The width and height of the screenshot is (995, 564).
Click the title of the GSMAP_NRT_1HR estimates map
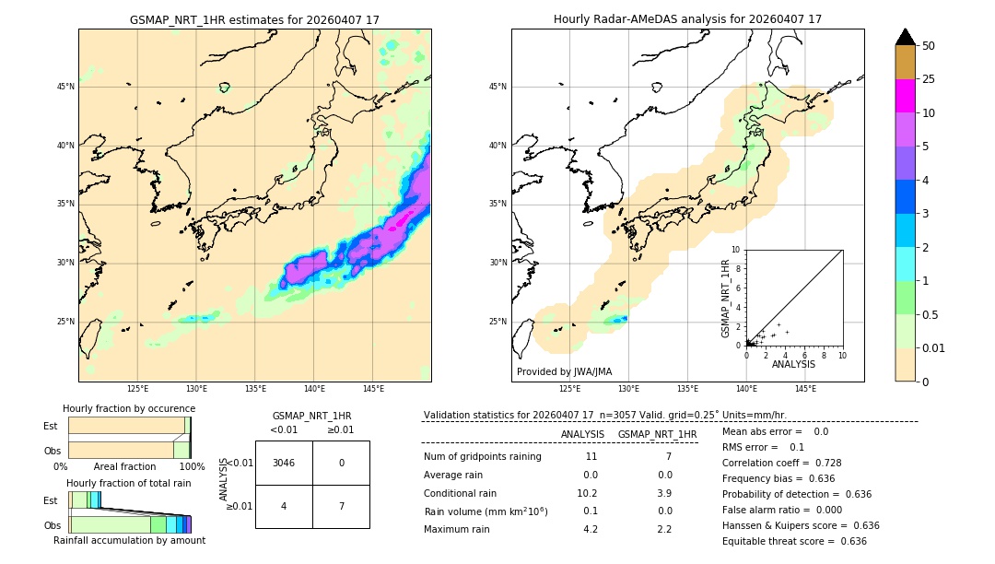pos(254,19)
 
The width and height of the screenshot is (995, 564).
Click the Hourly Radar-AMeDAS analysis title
pos(687,19)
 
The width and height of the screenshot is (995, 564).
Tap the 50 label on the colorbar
pos(929,46)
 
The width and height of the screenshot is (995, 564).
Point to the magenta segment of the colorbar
pos(905,96)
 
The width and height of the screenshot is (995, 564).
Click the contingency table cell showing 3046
pos(284,463)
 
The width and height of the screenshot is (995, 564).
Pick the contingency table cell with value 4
pos(284,506)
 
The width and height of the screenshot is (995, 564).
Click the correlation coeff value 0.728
pos(821,463)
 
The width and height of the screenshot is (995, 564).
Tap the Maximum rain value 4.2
pos(591,529)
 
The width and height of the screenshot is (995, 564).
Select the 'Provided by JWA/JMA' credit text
pos(564,371)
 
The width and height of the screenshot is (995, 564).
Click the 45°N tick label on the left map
pos(65,87)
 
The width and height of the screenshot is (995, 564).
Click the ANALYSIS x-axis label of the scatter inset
pos(793,364)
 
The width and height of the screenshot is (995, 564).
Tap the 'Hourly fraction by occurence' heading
pos(129,408)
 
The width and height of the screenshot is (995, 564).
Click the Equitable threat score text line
pos(794,541)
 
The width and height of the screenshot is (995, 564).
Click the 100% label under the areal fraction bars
pos(192,466)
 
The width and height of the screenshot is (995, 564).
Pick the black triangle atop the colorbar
pos(905,37)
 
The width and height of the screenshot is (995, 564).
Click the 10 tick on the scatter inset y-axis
pos(736,249)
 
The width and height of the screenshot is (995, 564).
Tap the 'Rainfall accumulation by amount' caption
pos(129,540)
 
